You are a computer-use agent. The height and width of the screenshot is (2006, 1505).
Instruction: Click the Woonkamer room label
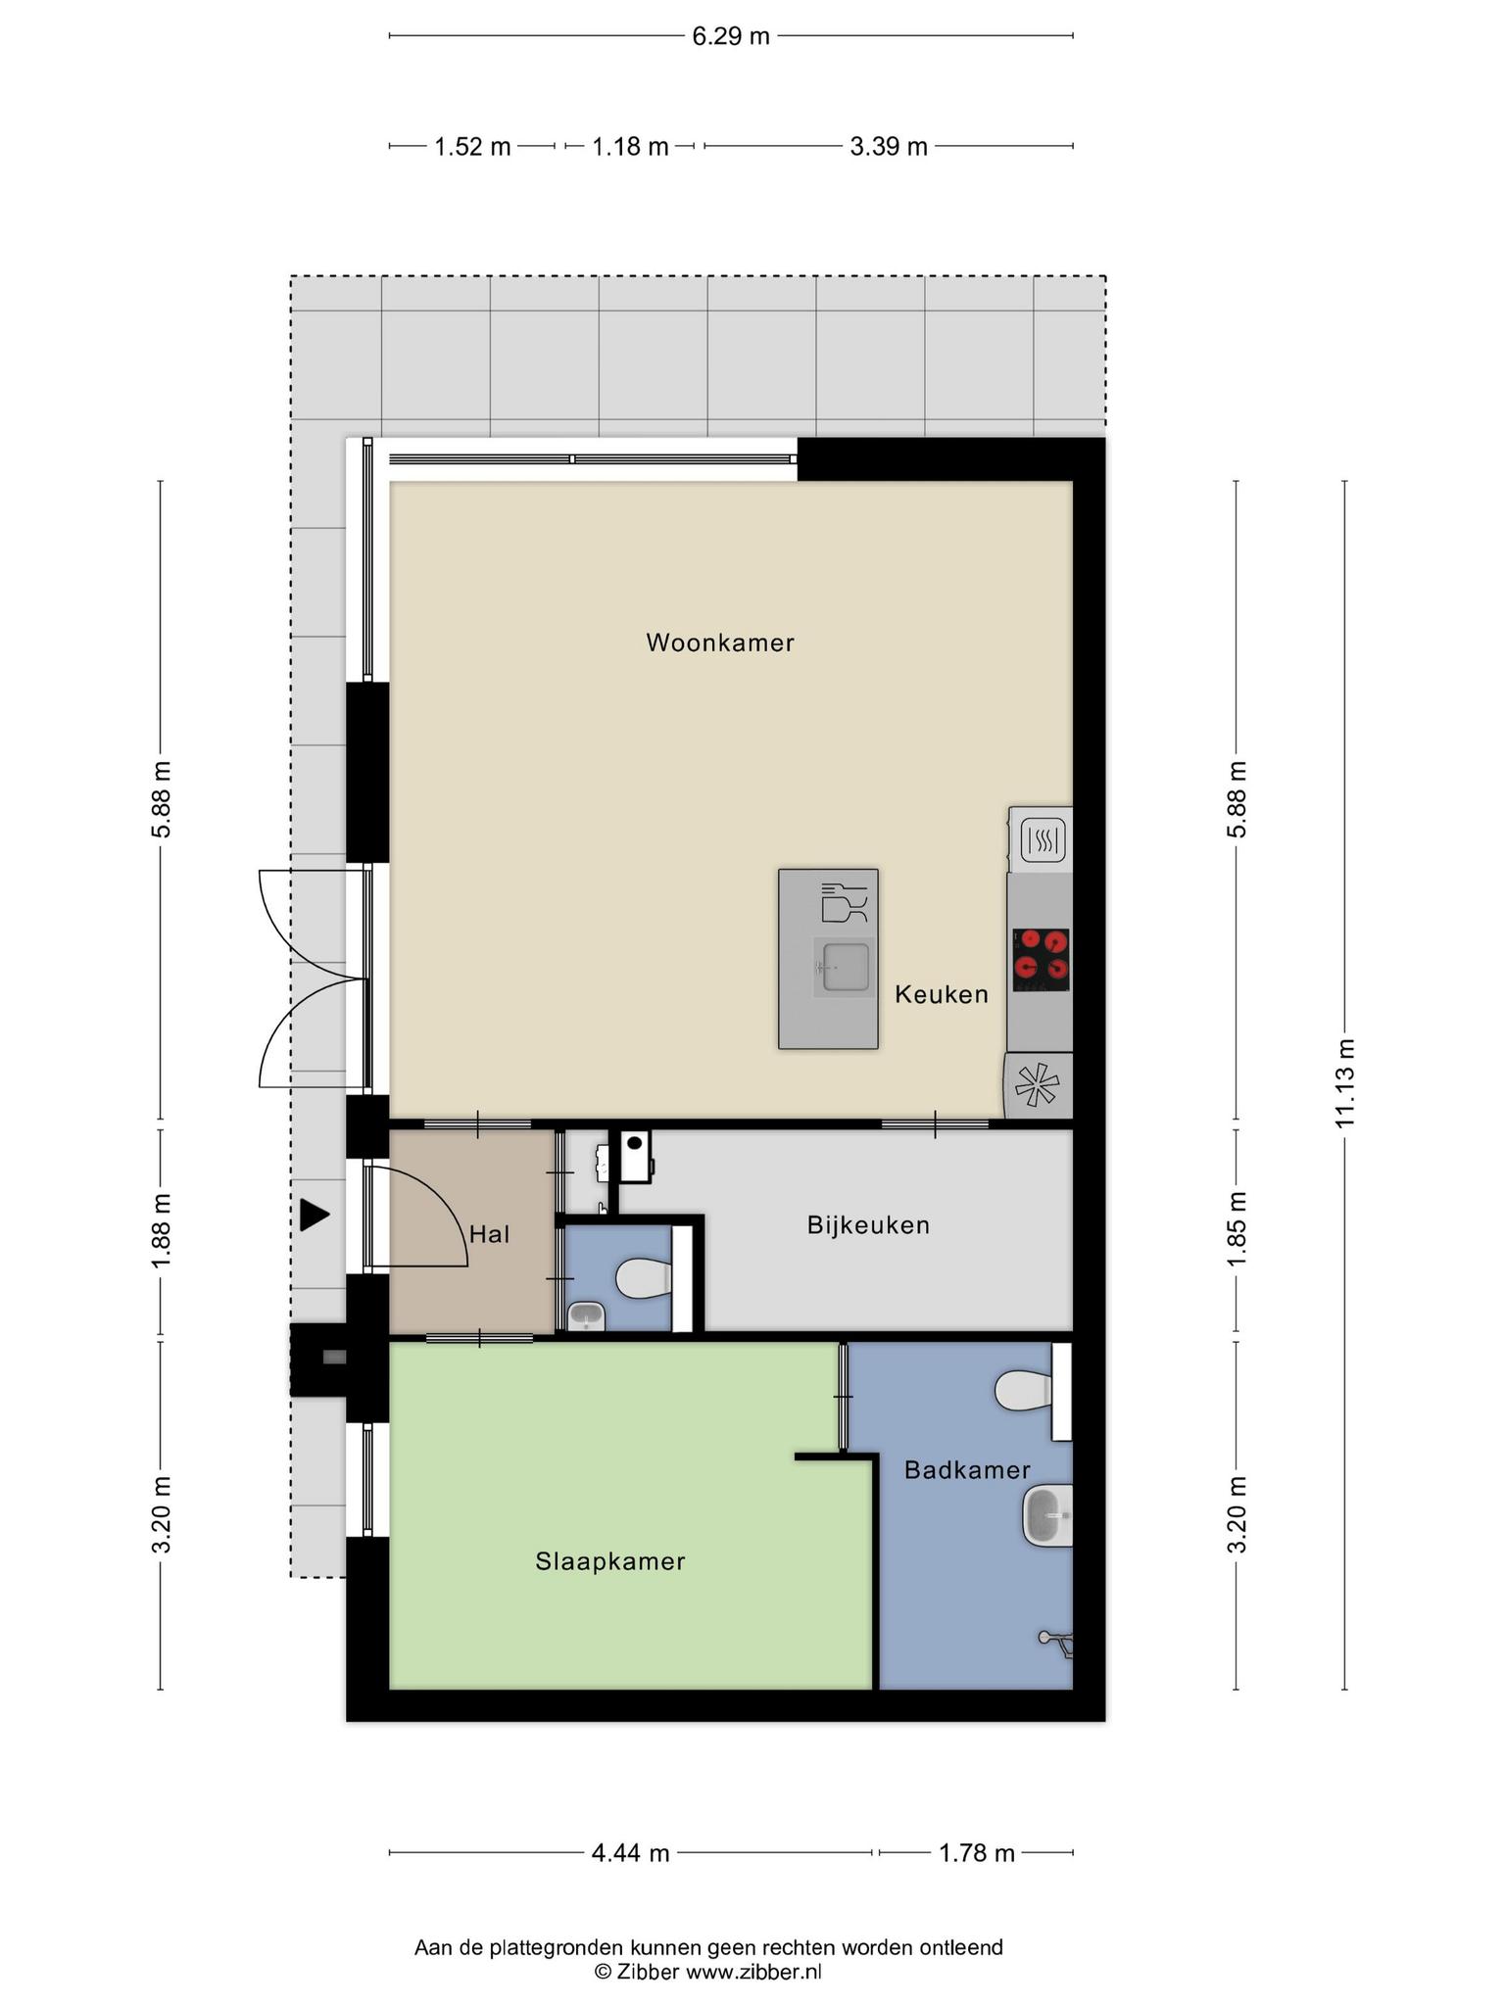pyautogui.click(x=720, y=643)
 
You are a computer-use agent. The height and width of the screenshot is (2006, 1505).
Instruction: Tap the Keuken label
pyautogui.click(x=942, y=995)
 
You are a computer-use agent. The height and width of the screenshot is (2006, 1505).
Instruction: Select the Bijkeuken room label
pyautogui.click(x=868, y=1225)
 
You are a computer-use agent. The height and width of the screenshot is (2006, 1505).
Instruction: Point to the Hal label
pyautogui.click(x=490, y=1234)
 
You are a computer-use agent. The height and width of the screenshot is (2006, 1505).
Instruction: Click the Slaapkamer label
pyautogui.click(x=610, y=1561)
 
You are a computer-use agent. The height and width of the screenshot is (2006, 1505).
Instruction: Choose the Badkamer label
pyautogui.click(x=967, y=1470)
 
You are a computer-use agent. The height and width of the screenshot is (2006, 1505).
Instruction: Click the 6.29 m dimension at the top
pyautogui.click(x=731, y=36)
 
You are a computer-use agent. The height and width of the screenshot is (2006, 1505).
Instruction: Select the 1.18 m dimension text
pyautogui.click(x=630, y=147)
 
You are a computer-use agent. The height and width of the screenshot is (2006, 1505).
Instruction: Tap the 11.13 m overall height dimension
pyautogui.click(x=1344, y=1082)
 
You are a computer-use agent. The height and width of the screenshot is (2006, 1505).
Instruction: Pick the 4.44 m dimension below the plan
pyautogui.click(x=630, y=1853)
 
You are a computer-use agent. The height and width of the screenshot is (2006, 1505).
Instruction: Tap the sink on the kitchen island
pyautogui.click(x=844, y=968)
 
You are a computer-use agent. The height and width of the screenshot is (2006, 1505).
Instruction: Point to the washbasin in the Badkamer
pyautogui.click(x=1048, y=1516)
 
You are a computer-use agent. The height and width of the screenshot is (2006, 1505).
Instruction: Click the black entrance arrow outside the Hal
pyautogui.click(x=314, y=1216)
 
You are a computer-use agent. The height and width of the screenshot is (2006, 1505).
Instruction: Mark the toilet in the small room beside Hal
pyautogui.click(x=643, y=1278)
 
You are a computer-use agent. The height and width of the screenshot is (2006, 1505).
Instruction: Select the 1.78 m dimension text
pyautogui.click(x=976, y=1853)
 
